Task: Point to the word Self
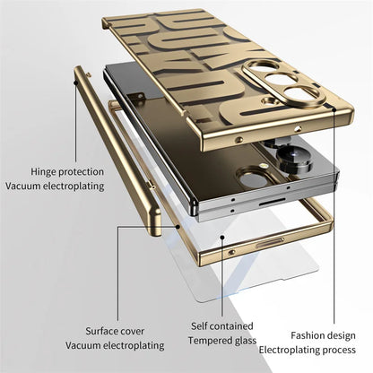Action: coord(199,326)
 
